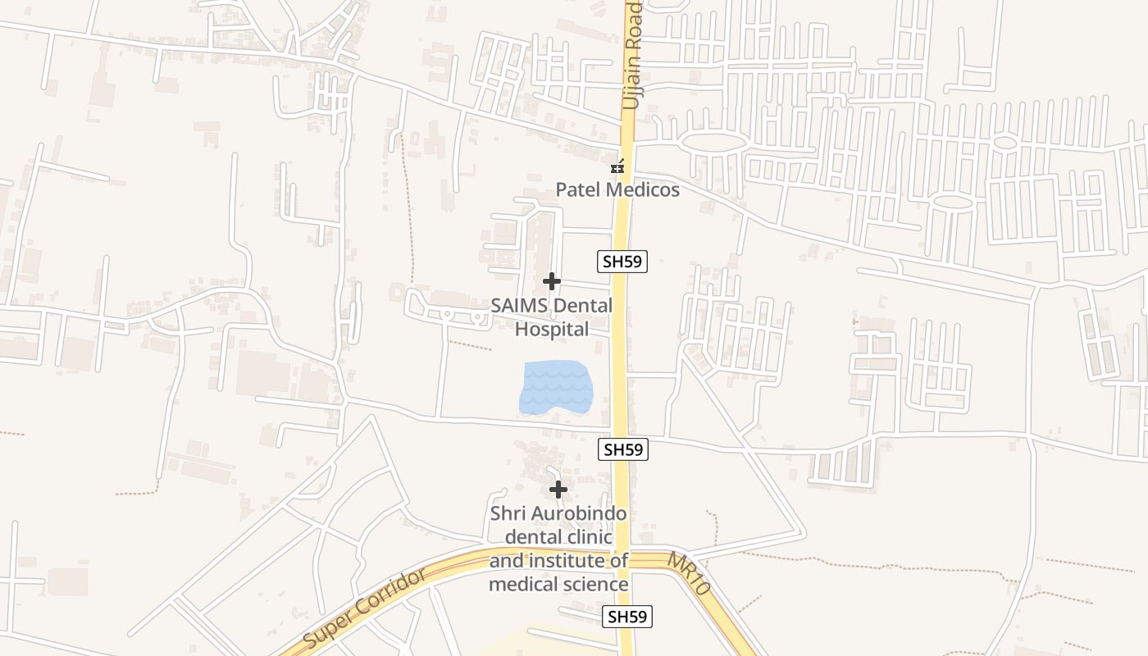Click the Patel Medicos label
617,190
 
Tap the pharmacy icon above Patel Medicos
617,166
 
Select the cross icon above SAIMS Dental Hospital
552,282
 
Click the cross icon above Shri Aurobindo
558,490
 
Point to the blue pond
555,386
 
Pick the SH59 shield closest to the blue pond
622,449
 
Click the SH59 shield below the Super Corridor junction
627,617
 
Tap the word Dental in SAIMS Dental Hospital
582,306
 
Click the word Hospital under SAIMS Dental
552,330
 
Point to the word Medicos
642,190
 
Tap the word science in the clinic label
595,585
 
